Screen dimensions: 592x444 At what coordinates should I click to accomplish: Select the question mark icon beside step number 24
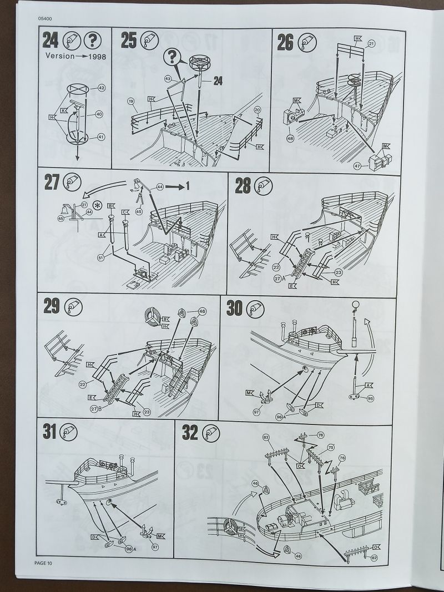[x=92, y=41]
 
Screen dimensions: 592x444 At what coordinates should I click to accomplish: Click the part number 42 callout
[x=101, y=88]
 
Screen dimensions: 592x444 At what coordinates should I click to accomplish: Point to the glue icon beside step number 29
[x=73, y=307]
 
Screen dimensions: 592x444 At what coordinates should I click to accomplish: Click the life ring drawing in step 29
[x=151, y=317]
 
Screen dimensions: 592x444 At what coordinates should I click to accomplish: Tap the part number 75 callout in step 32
[x=330, y=447]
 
